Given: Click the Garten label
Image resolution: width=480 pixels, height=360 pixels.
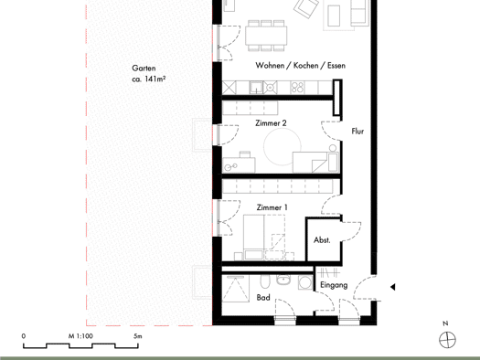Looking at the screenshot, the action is point(144,68).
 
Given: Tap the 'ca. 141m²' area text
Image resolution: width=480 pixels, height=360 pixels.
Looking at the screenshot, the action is point(149,79).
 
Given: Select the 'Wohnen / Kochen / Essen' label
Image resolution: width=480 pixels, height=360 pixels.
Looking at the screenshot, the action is point(300,66).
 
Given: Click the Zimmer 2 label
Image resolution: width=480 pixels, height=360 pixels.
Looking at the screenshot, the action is point(271,123).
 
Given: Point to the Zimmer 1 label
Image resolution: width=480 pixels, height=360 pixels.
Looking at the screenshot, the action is point(272,207).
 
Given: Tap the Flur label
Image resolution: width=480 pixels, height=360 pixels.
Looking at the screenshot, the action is point(357,132).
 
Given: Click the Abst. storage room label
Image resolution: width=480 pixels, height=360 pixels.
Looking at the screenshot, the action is point(322,240).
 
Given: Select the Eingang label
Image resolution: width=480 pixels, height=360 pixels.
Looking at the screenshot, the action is point(334,285).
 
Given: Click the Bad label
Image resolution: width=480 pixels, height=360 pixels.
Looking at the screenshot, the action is point(263,297).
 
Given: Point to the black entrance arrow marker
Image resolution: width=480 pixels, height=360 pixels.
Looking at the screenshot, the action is point(392,287).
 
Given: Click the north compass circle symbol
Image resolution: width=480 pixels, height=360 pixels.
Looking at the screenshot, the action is point(447,340).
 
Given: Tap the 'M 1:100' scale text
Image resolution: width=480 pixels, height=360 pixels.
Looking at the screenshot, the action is point(80,336).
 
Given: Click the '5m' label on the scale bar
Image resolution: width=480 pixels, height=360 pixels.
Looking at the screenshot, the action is point(138,336).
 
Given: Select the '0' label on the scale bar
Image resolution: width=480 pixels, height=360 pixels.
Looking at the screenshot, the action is point(24,336).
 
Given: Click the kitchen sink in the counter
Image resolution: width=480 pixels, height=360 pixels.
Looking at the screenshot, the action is point(256,88).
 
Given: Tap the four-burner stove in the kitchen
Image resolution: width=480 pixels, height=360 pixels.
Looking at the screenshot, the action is point(297,88).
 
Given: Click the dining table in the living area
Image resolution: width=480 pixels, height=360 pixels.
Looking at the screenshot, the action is point(266,36).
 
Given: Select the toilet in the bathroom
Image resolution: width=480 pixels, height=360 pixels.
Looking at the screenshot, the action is point(265,281).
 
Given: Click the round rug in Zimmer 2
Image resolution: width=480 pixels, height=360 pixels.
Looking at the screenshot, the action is point(283,147).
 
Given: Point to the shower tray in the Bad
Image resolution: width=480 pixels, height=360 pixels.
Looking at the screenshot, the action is point(235,289).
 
